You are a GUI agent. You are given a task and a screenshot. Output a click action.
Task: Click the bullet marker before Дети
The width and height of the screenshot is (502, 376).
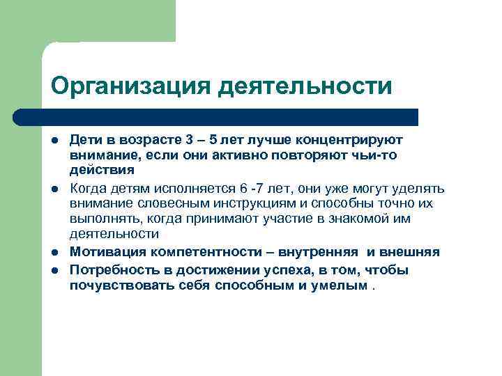coord(54,140)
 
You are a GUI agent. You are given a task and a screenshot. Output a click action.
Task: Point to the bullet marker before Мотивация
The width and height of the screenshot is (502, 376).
coord(54,252)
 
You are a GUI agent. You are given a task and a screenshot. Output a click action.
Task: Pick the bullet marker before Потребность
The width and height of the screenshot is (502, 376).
coord(54,269)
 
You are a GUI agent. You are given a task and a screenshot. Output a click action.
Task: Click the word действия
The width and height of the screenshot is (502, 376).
coord(102,169)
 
